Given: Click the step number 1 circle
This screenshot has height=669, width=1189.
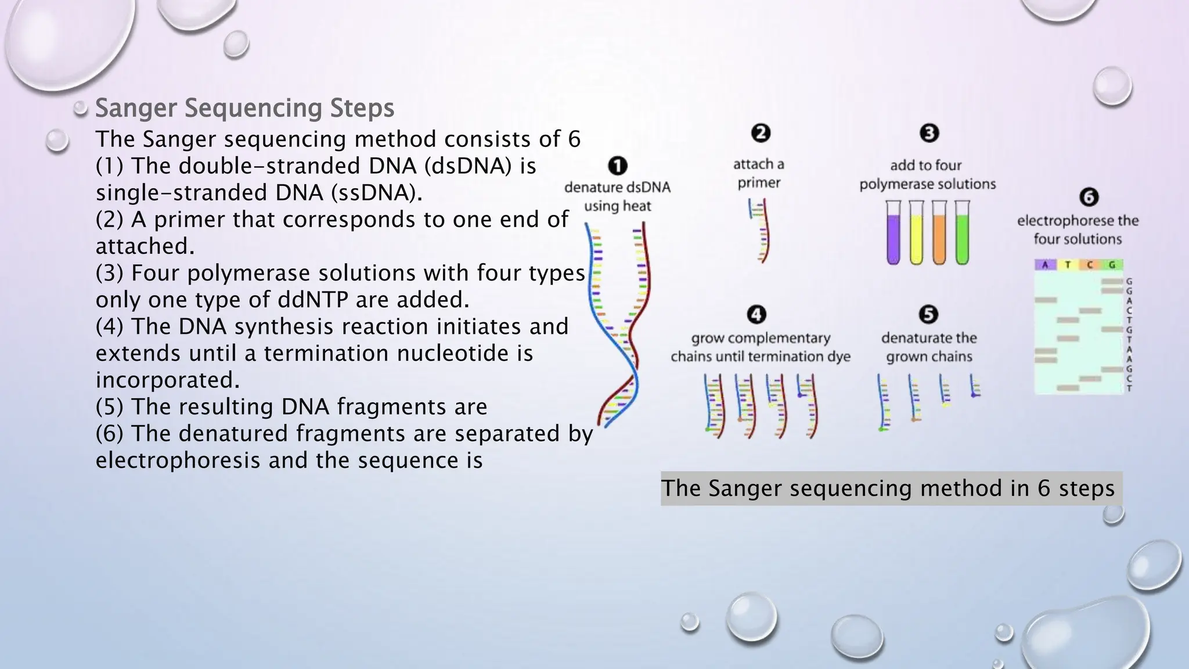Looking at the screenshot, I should (x=618, y=166).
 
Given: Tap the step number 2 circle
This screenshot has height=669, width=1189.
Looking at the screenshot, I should (x=761, y=134).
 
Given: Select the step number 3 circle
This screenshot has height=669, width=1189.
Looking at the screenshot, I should (x=929, y=134).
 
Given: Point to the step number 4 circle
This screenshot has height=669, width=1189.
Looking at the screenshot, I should (x=756, y=315).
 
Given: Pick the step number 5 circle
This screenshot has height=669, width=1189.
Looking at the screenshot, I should (x=928, y=315).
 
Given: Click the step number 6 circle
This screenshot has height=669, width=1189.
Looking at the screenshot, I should (x=1089, y=197).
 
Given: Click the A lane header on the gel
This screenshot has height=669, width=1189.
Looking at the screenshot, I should (x=1045, y=265).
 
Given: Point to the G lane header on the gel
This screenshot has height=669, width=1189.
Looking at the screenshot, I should (x=1112, y=265).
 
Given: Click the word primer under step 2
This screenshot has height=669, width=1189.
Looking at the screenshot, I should (x=759, y=183).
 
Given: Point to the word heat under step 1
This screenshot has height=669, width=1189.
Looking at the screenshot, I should (x=637, y=206).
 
